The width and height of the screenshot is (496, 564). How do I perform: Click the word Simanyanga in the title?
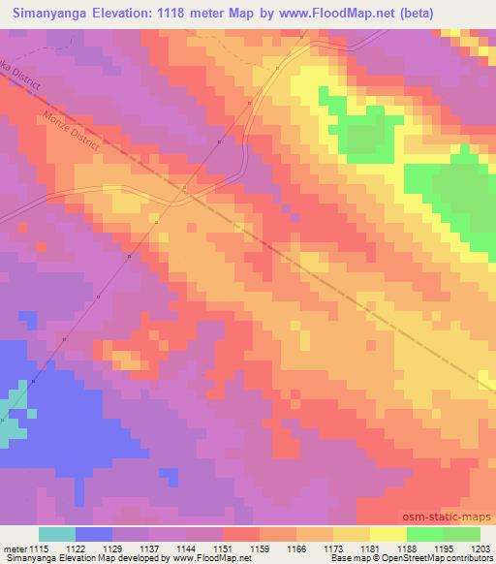pos(46,13)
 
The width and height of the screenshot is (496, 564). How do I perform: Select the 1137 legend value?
pos(149,548)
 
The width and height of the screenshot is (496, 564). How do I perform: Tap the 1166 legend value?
pos(296,548)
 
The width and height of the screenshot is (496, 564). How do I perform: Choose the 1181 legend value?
pos(370,548)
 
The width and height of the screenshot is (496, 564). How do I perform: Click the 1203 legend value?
pos(480,548)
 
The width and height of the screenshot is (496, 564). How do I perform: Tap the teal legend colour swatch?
pos(56,534)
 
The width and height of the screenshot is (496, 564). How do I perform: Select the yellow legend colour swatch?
pos(387,534)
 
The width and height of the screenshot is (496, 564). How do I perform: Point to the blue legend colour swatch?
pos(93,534)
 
